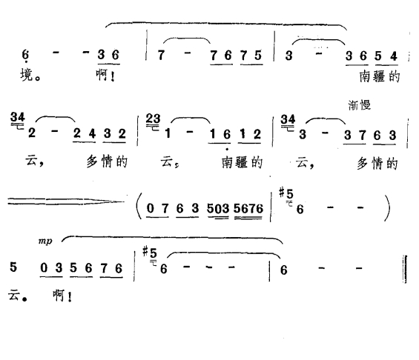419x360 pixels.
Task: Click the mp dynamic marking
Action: pyautogui.click(x=45, y=241)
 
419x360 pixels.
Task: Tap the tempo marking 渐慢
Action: pyautogui.click(x=360, y=105)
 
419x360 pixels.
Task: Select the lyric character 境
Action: pyautogui.click(x=27, y=75)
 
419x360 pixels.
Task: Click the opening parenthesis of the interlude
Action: pyautogui.click(x=139, y=206)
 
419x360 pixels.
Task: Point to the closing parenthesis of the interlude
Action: pyautogui.click(x=387, y=207)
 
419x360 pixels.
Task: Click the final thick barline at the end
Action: pyautogui.click(x=406, y=269)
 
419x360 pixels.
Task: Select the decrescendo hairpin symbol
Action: pyautogui.click(x=66, y=201)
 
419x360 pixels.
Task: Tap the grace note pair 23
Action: pyautogui.click(x=153, y=119)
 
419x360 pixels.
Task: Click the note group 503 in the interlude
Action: pyautogui.click(x=218, y=208)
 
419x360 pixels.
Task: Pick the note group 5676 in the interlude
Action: pyautogui.click(x=248, y=208)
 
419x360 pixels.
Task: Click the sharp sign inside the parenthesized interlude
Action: pyautogui.click(x=281, y=192)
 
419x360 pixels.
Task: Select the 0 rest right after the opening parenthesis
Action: pyautogui.click(x=151, y=208)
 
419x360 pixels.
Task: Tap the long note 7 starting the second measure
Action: pyautogui.click(x=161, y=56)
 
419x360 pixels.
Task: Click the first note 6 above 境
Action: pyautogui.click(x=25, y=55)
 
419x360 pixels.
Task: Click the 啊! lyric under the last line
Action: pyautogui.click(x=62, y=296)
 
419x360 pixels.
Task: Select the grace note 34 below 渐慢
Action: pyautogui.click(x=288, y=119)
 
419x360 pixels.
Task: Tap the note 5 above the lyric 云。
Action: pyautogui.click(x=13, y=267)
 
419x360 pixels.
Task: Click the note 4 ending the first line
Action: pyautogui.click(x=394, y=56)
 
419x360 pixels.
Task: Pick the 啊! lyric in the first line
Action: pyautogui.click(x=106, y=75)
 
